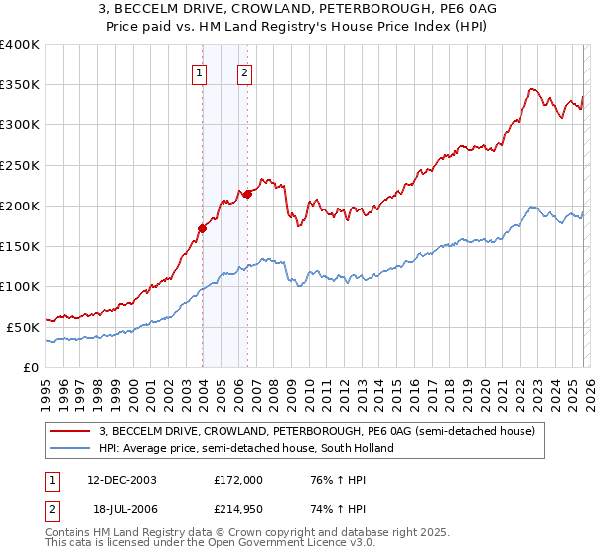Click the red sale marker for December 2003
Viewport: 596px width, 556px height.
[x=202, y=228]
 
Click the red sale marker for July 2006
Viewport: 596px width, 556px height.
[x=247, y=194]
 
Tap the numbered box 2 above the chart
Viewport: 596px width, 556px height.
[x=244, y=71]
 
